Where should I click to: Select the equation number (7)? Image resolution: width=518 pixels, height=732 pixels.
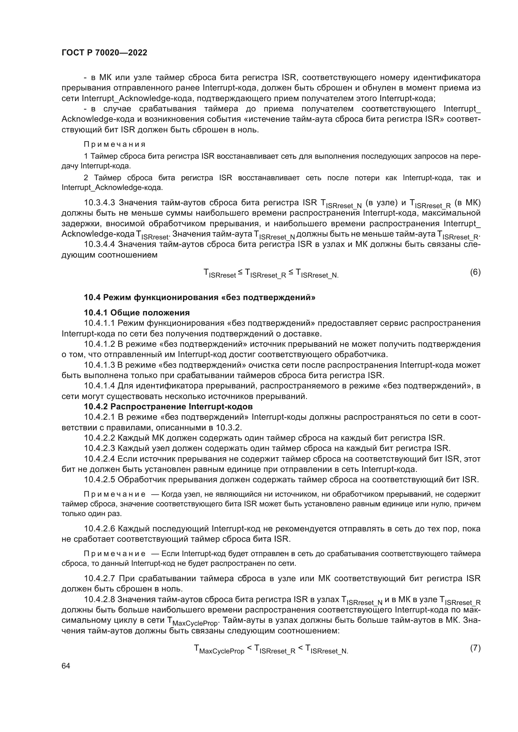[x=475, y=648]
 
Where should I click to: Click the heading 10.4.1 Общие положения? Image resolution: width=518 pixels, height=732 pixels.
[x=137, y=312]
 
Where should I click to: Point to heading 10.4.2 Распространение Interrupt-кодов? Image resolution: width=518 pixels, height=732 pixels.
[x=168, y=407]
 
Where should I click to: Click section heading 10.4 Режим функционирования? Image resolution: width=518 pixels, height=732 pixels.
[x=200, y=297]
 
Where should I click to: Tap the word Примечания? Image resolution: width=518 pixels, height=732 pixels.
[x=115, y=144]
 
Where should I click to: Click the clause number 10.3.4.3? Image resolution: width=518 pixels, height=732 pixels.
[x=100, y=203]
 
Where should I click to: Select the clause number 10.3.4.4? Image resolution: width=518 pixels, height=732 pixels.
[x=100, y=244]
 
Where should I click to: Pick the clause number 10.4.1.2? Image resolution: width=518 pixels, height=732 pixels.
[x=100, y=344]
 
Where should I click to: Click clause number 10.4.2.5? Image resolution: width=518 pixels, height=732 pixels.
[x=100, y=479]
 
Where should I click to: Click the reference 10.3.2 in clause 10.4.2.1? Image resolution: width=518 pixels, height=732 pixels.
[x=230, y=427]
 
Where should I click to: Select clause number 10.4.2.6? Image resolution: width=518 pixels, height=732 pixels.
[x=100, y=529]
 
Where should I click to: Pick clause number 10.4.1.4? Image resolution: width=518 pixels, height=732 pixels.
[x=100, y=386]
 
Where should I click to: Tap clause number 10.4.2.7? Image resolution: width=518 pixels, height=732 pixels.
[x=100, y=578]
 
